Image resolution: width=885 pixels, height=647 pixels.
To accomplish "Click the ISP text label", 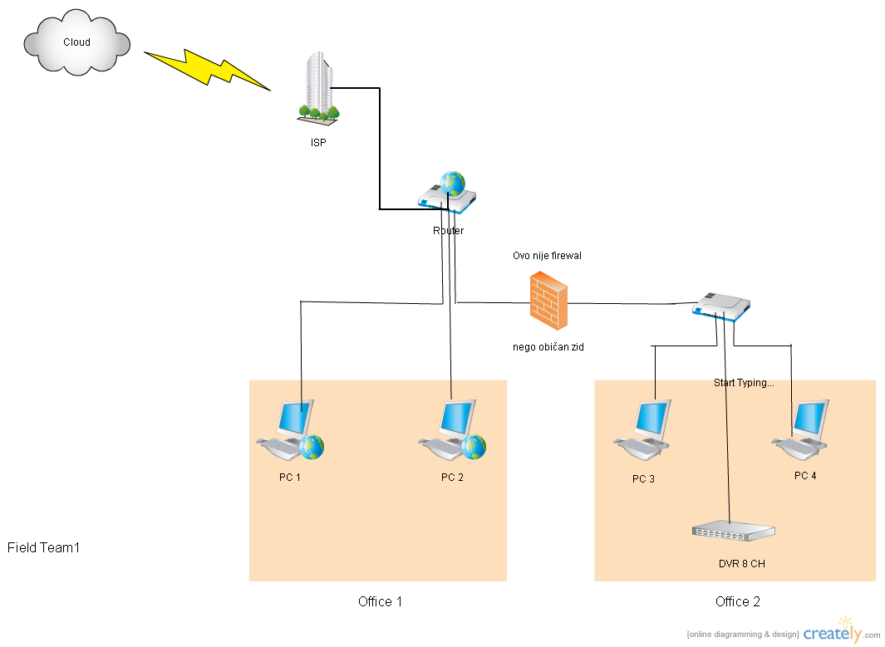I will [x=319, y=143].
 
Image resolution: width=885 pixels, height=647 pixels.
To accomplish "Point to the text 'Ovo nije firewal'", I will [x=547, y=256].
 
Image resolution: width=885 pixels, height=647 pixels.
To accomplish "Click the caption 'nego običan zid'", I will [x=548, y=347].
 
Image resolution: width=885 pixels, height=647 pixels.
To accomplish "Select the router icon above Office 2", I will [x=721, y=306].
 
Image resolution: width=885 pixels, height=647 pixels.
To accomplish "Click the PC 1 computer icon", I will [x=290, y=429].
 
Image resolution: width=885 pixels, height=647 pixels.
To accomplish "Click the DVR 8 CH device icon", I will [x=733, y=532].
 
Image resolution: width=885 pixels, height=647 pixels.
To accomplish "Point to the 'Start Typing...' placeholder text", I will [x=744, y=383].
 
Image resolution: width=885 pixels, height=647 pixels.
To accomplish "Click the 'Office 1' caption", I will [x=380, y=601].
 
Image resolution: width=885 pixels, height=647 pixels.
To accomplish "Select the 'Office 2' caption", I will [x=737, y=601].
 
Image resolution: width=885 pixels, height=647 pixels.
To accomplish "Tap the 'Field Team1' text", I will [x=43, y=548].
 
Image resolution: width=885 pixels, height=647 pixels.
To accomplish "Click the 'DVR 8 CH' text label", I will [x=741, y=564].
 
